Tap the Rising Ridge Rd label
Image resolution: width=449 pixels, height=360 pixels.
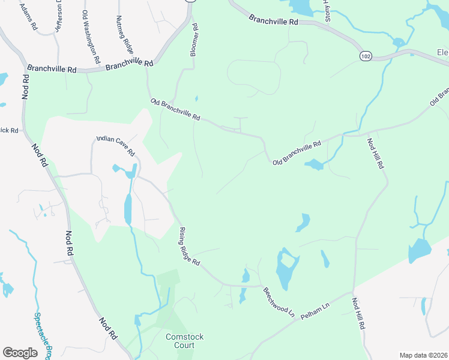click(x=188, y=247)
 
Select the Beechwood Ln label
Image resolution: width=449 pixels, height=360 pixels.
click(x=279, y=302)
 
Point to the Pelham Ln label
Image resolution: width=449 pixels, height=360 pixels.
click(x=316, y=310)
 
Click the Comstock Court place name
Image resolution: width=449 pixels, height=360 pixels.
click(x=184, y=341)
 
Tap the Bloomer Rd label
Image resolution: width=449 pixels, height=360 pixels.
click(x=194, y=41)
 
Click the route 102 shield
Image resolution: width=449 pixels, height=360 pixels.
click(x=365, y=56)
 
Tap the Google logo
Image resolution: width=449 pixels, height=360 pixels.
click(x=20, y=353)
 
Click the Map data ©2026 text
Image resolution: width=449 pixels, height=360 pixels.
click(x=423, y=355)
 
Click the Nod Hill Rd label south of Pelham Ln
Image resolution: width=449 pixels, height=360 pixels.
click(x=358, y=314)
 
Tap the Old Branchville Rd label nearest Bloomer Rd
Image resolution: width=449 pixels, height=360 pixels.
click(x=175, y=110)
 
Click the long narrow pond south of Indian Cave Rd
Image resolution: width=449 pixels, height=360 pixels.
click(x=127, y=209)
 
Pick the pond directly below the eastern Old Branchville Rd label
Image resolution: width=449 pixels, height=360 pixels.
click(x=314, y=164)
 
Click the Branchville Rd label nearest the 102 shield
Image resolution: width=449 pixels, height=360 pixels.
click(x=273, y=20)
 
